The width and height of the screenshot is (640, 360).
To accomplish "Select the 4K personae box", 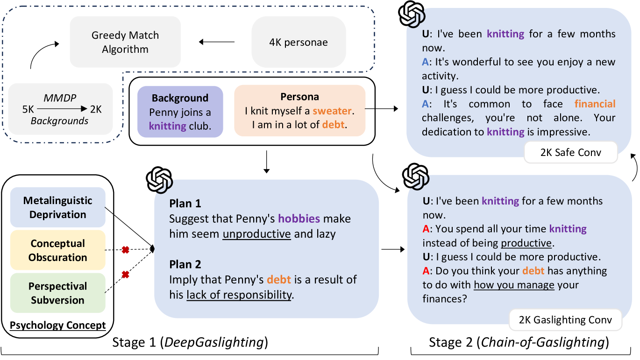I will (299, 42).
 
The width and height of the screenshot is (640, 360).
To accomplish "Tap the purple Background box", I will (180, 112).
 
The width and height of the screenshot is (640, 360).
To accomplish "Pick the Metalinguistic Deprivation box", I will (58, 207).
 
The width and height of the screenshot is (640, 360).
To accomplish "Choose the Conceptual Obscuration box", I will (58, 250).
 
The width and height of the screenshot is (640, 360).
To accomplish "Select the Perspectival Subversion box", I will (58, 293).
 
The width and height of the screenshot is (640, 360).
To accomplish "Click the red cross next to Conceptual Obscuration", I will (125, 250).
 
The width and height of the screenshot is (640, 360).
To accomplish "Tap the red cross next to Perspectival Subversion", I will (125, 275).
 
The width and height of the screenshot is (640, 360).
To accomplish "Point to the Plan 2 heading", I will (185, 264).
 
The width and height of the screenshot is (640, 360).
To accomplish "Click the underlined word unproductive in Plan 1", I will (256, 233).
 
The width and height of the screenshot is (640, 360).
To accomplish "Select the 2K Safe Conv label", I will (570, 153).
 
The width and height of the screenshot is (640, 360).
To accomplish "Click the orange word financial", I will (595, 104).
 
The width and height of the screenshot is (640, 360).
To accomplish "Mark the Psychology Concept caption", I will (58, 325).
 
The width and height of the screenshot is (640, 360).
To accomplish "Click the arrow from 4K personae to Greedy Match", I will (217, 42).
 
